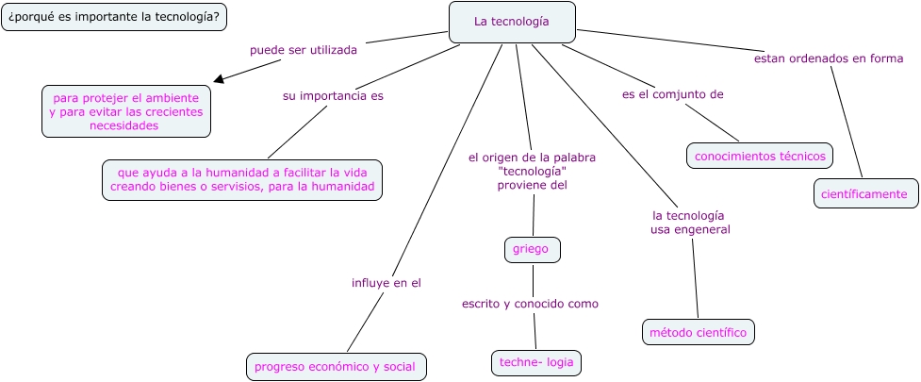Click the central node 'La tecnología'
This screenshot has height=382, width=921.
[512, 22]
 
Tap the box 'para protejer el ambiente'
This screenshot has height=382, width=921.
[126, 111]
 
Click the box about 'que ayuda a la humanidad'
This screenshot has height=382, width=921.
[242, 179]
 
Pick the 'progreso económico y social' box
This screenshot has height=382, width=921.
[336, 366]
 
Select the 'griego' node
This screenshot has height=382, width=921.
[532, 249]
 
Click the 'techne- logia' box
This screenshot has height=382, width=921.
[536, 362]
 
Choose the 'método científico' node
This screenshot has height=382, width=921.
[698, 332]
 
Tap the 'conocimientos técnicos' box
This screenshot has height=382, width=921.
[760, 156]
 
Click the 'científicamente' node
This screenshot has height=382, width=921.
[864, 193]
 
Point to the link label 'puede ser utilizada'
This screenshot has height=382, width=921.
[304, 50]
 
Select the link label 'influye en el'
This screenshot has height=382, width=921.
[386, 281]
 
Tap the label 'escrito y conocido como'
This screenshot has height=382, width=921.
[530, 304]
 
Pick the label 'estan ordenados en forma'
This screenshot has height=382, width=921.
[829, 58]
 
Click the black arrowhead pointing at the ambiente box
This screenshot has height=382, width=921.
[219, 81]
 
